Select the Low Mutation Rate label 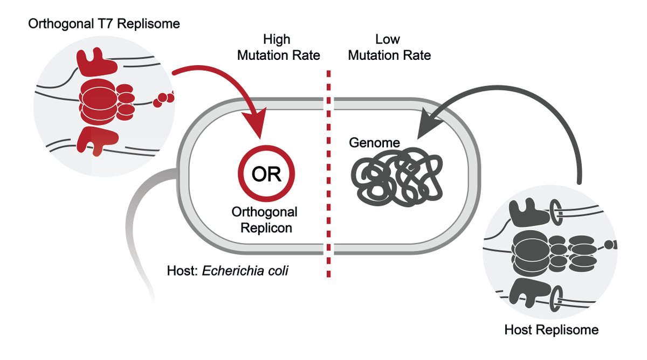pyautogui.click(x=390, y=47)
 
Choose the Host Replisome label pyautogui.click(x=552, y=329)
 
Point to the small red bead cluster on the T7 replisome pyautogui.click(x=164, y=99)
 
